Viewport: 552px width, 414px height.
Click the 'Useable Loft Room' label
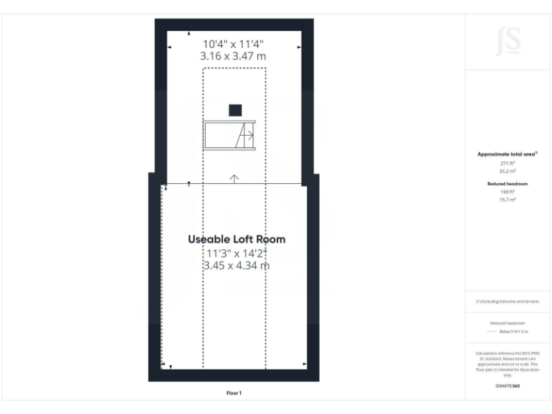(x=236, y=239)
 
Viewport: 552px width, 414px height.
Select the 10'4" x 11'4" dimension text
(x=234, y=42)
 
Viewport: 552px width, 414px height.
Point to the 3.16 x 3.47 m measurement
(x=234, y=55)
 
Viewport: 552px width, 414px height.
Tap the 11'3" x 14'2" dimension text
(x=236, y=253)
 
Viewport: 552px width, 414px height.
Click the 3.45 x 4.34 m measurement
(x=236, y=265)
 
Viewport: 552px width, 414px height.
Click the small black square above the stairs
(x=235, y=110)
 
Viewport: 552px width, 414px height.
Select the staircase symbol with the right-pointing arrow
(x=230, y=135)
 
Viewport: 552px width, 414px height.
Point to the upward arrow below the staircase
(x=234, y=178)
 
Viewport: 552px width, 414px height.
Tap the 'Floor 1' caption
(x=234, y=393)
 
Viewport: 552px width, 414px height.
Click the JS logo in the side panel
(x=507, y=42)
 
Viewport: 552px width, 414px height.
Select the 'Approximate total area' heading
(x=507, y=154)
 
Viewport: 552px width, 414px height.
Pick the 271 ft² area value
(x=507, y=163)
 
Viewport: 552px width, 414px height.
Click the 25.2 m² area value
(x=507, y=171)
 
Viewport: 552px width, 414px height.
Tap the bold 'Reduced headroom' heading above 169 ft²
(x=507, y=184)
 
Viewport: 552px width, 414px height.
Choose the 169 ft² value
(x=507, y=192)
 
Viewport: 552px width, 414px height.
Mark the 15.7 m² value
(x=507, y=200)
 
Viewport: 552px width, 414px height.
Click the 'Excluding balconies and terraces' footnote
(x=507, y=301)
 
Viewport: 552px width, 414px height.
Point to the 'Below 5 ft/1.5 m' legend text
(x=513, y=331)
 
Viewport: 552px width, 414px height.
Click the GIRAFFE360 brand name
(x=507, y=386)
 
